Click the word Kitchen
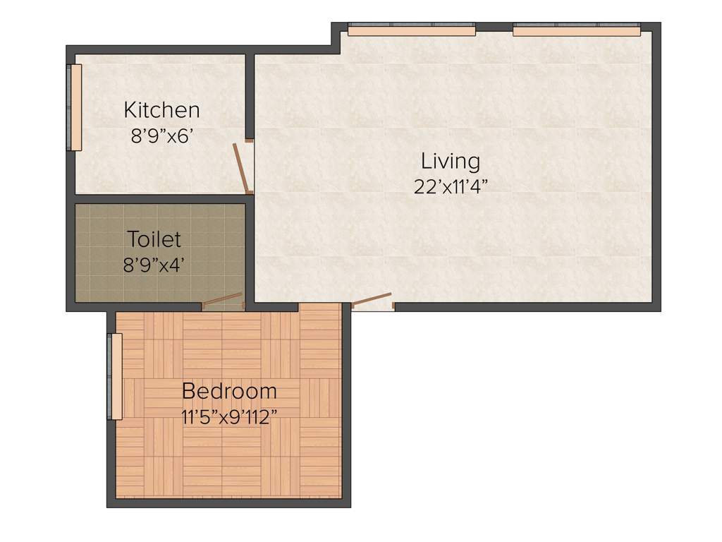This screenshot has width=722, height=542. tap(161, 111)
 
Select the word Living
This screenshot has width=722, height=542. tap(451, 162)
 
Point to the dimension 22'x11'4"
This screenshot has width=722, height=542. tap(451, 186)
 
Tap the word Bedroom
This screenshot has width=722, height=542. tap(229, 391)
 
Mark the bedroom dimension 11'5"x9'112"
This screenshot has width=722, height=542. tap(229, 416)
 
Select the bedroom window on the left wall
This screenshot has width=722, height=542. tap(114, 376)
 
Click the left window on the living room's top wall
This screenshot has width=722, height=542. tap(412, 30)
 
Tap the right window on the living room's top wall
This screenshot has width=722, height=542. tap(577, 30)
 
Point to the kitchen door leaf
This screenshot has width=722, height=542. tap(240, 169)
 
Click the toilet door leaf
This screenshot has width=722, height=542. tap(222, 299)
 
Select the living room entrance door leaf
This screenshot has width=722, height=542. tap(371, 299)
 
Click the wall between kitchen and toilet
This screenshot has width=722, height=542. tap(159, 199)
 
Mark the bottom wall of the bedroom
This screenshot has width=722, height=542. tap(229, 502)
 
